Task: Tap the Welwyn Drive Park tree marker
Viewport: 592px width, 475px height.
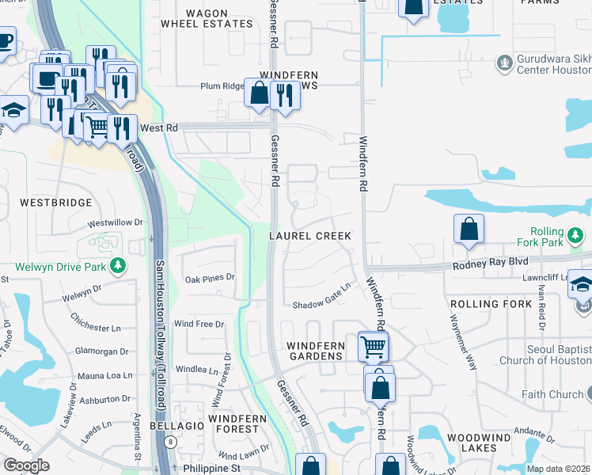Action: (x=118, y=265)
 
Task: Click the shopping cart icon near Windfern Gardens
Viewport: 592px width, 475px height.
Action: (x=373, y=346)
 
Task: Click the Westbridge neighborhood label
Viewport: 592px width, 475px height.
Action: (x=56, y=203)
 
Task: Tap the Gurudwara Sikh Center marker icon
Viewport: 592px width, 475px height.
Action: (x=503, y=61)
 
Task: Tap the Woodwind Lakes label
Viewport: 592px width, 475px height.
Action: (x=483, y=443)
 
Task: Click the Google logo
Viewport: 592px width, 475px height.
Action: (x=26, y=465)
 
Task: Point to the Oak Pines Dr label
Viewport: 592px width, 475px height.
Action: (x=210, y=278)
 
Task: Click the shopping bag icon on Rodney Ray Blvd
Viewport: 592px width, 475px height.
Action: (x=469, y=229)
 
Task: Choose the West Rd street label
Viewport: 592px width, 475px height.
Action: (x=157, y=127)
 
